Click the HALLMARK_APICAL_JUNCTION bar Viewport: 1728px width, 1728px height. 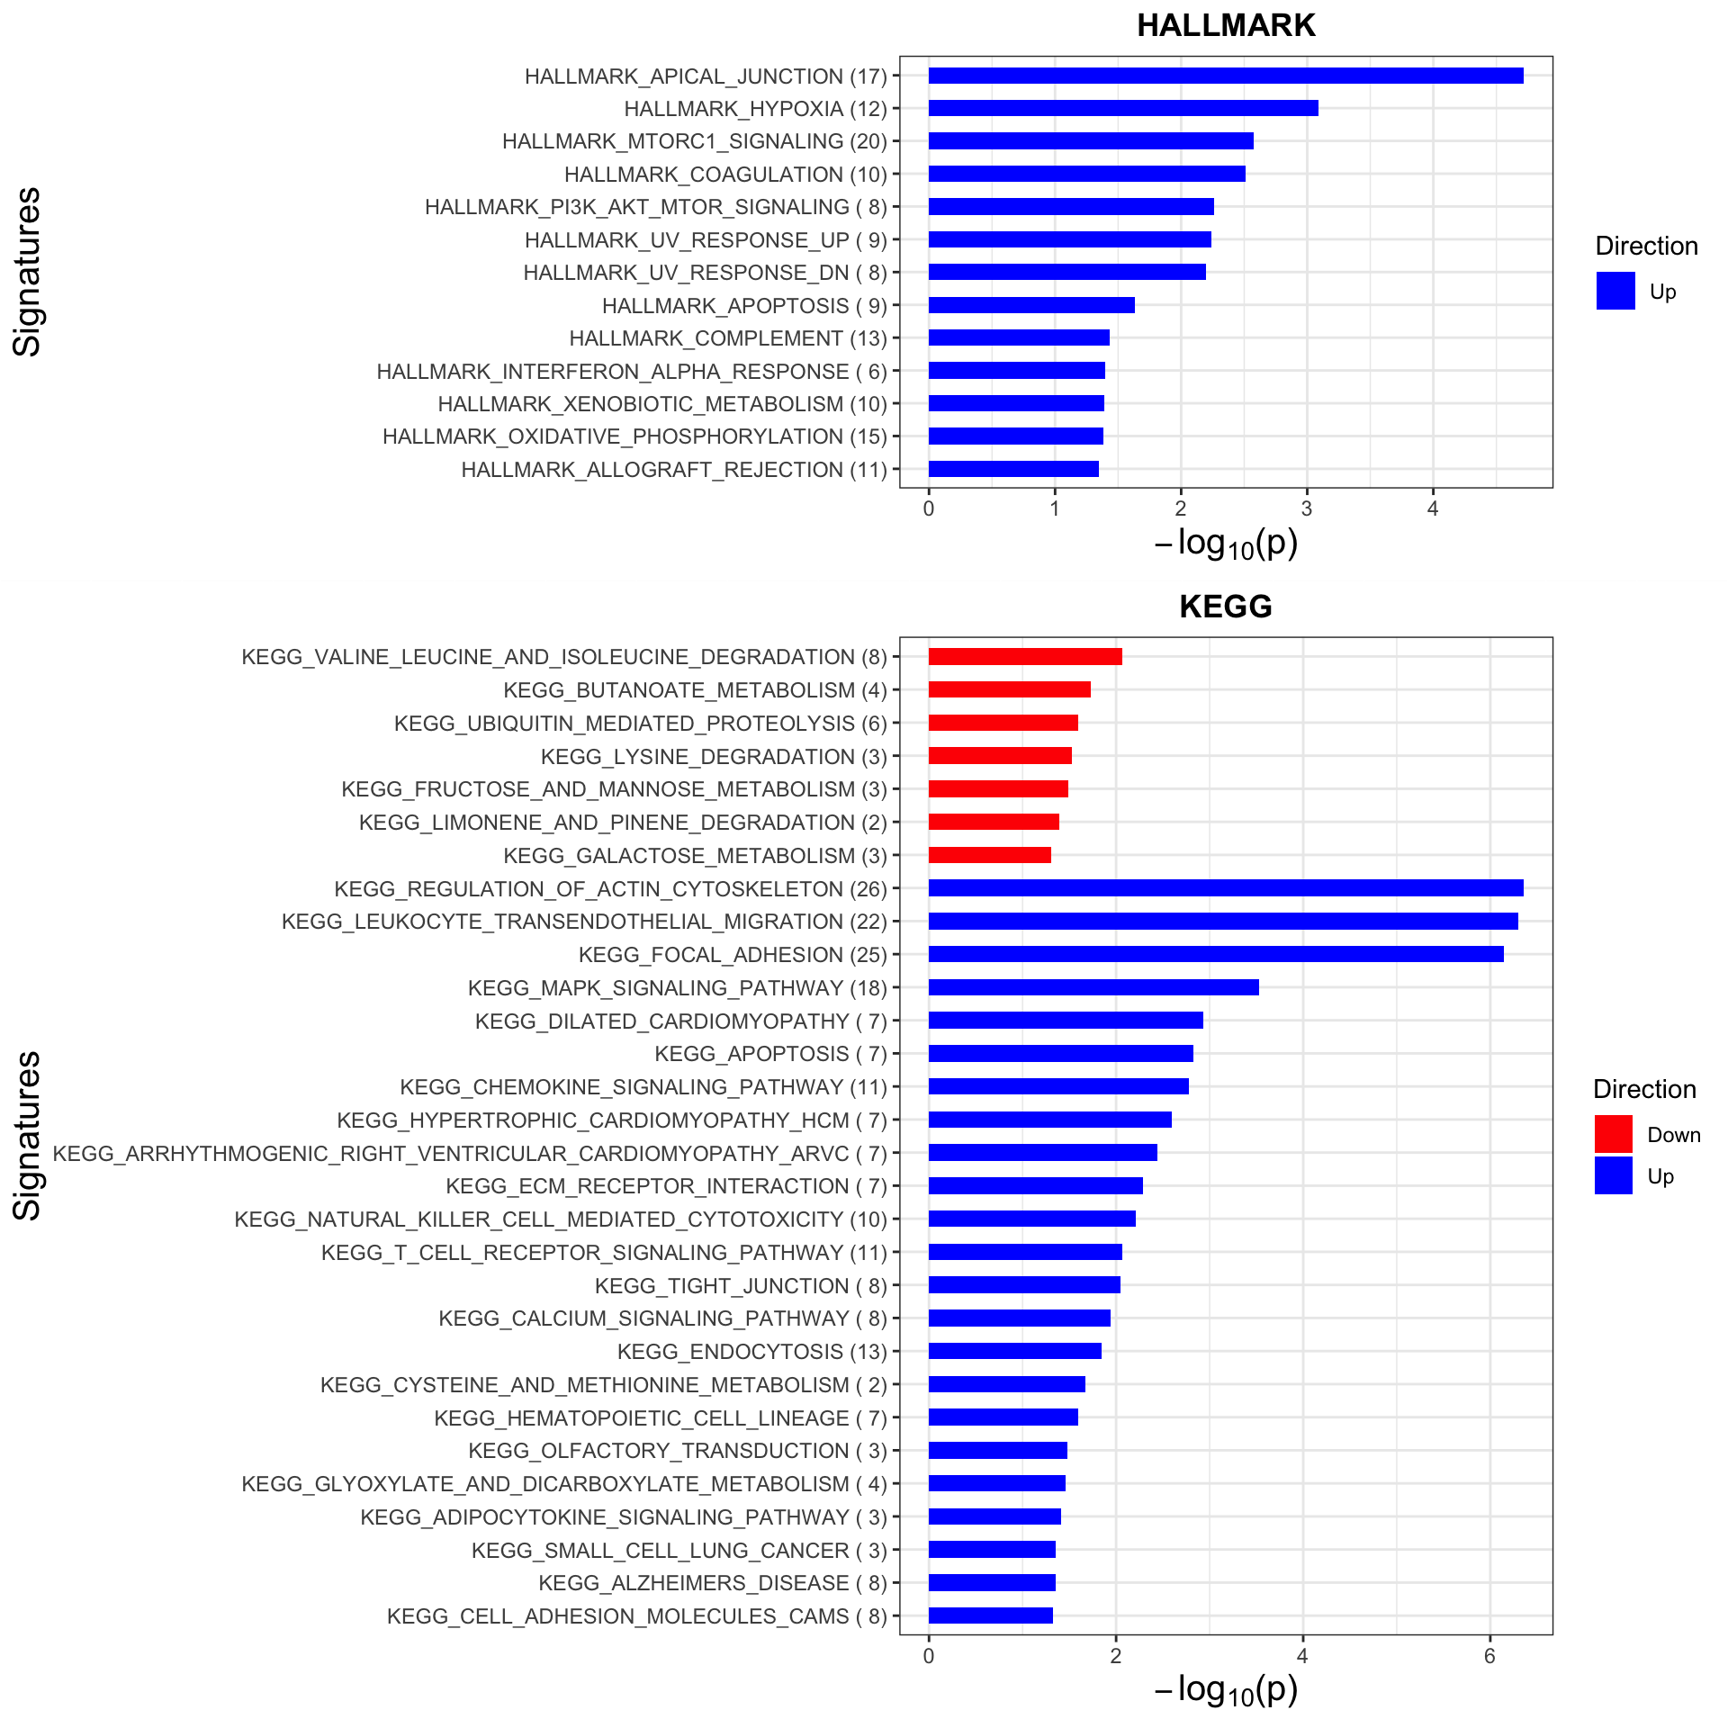(1226, 76)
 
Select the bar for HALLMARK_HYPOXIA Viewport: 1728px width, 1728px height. (1123, 108)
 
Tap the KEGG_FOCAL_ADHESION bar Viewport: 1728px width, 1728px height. (1216, 954)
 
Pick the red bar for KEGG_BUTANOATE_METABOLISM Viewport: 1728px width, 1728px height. (1010, 689)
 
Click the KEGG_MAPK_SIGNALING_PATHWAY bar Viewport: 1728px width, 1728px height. (1093, 987)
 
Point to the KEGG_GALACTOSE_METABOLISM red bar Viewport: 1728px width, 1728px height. (990, 855)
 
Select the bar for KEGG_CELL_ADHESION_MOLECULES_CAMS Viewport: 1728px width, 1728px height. (991, 1615)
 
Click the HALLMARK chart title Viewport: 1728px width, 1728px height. (1226, 25)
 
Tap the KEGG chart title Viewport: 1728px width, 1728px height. (1226, 607)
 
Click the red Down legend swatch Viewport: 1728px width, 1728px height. (1614, 1134)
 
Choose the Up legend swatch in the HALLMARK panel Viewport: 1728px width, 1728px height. (1615, 291)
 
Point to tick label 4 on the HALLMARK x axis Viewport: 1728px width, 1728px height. (1433, 508)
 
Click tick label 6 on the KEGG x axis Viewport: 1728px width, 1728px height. (1489, 1656)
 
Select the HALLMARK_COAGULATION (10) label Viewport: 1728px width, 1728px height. (725, 175)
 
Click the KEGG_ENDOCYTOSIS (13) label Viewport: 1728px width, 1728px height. (752, 1352)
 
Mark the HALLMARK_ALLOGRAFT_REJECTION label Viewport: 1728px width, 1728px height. (674, 470)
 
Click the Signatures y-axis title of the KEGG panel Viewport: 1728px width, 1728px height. (28, 1136)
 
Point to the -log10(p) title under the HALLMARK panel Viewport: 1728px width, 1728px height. (1226, 544)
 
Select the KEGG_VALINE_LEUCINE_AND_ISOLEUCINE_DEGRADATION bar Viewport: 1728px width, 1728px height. (1025, 656)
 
